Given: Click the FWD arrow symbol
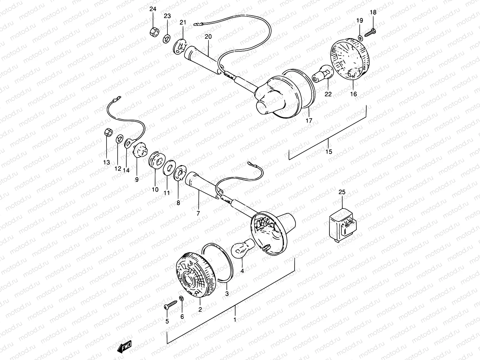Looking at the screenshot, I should click(x=125, y=347).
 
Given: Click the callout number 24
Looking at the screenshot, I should click(x=153, y=9).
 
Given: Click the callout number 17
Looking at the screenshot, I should click(x=309, y=121).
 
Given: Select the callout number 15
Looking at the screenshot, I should click(x=329, y=151).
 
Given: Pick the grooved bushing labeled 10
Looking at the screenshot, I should click(x=156, y=161).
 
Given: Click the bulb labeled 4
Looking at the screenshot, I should click(x=244, y=247).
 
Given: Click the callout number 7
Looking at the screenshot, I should click(x=198, y=214).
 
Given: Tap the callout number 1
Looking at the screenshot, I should click(x=235, y=320).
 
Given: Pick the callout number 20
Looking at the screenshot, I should click(x=208, y=37).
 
